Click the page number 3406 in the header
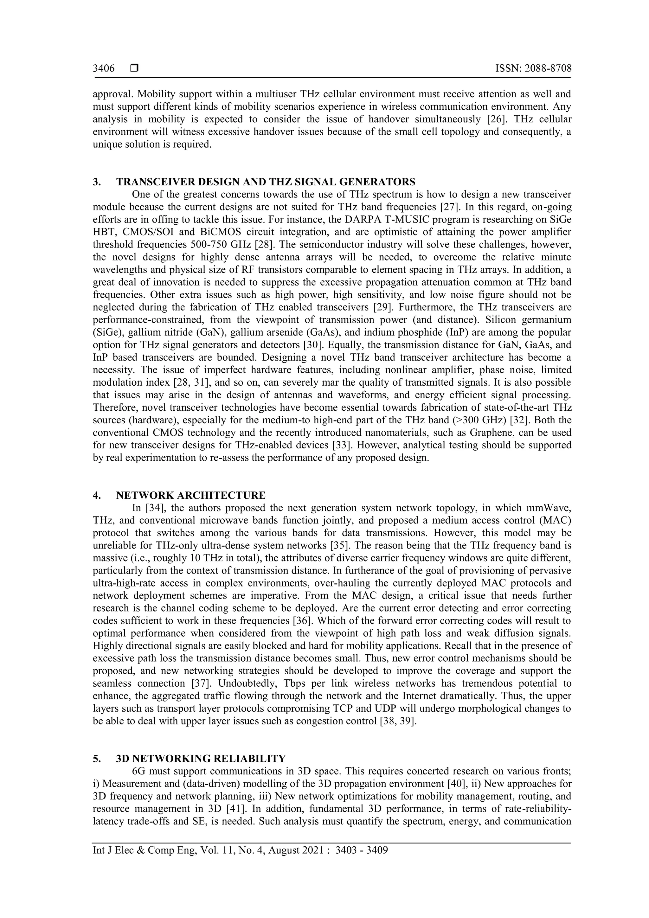[104, 69]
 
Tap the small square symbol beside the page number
[134, 69]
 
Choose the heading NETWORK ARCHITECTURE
[191, 496]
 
